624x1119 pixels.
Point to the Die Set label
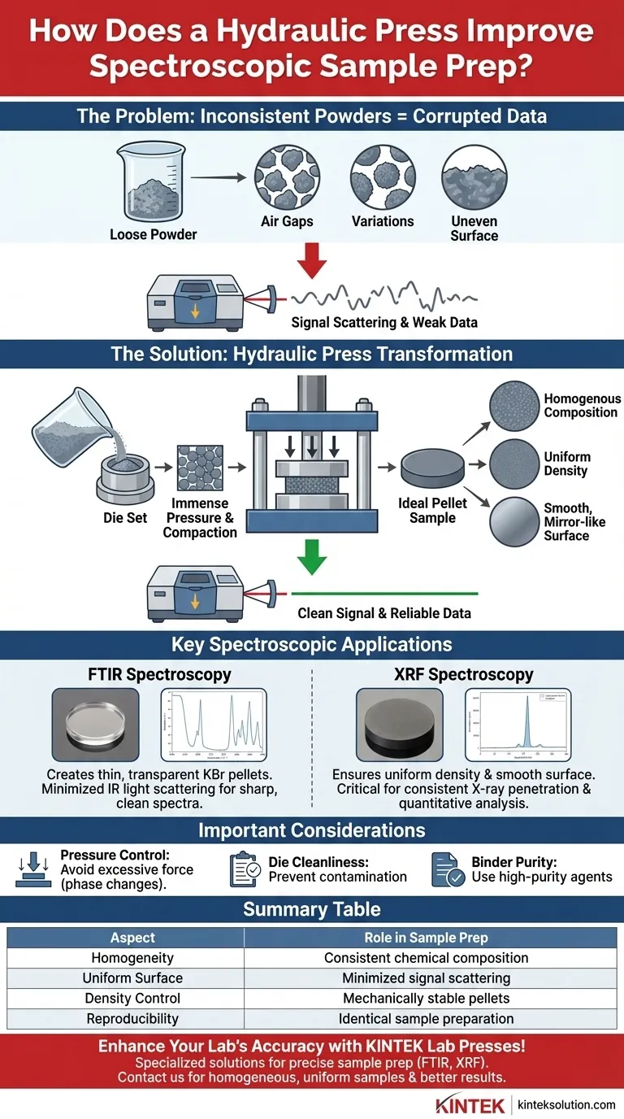[x=126, y=517]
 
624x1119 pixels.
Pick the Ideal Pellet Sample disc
[x=432, y=469]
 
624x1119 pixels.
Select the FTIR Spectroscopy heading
[x=159, y=674]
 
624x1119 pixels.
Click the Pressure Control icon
[x=33, y=869]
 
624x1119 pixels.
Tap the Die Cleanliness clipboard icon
[x=245, y=869]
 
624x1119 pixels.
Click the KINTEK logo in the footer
[x=470, y=1104]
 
